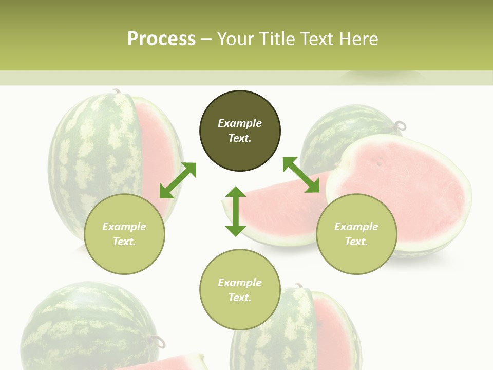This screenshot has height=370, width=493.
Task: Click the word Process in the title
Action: coord(161,39)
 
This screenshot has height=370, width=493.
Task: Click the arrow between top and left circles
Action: coord(178,180)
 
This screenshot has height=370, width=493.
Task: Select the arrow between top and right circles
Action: coord(301,175)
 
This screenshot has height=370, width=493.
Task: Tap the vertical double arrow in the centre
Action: coord(236,211)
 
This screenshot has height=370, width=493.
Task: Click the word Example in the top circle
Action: coord(240,123)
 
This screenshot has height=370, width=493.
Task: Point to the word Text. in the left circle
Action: coord(124,242)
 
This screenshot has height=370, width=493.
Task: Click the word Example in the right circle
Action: coord(356,227)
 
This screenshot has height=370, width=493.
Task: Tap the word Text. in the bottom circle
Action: coord(240,298)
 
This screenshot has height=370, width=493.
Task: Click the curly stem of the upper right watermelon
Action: coord(400,125)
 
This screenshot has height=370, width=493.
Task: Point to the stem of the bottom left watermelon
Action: coord(158,341)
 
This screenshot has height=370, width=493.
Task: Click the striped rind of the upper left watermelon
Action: coord(87,154)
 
